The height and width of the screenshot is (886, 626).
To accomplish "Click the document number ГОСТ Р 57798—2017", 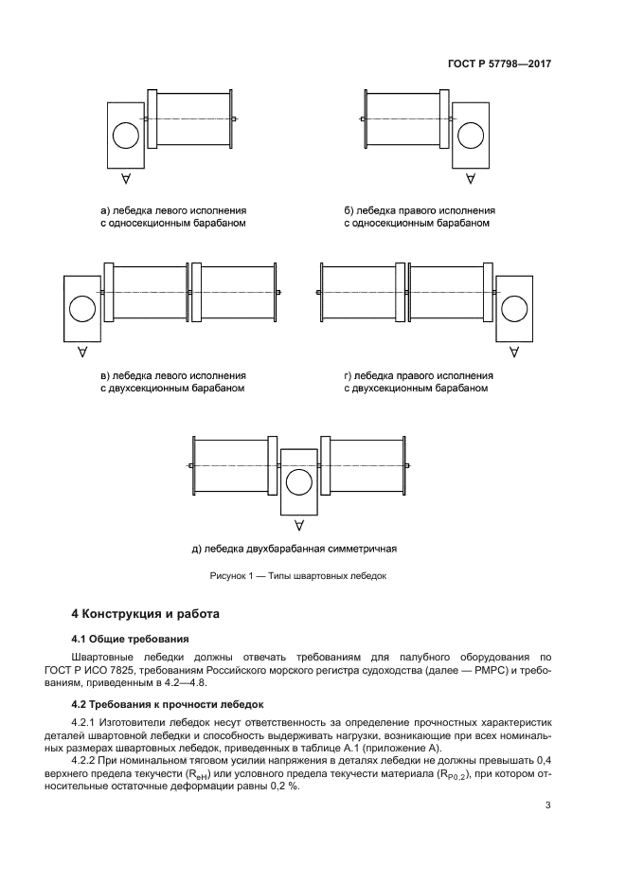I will (x=499, y=64).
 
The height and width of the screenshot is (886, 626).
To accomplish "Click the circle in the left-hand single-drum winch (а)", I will (x=124, y=136).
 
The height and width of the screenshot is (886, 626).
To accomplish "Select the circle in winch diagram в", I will (x=81, y=309).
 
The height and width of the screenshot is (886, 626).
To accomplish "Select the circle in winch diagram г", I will (x=514, y=309).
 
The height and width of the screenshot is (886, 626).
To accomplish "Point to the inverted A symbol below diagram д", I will (x=298, y=525).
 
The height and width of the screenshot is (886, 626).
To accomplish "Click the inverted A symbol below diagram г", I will (x=514, y=352).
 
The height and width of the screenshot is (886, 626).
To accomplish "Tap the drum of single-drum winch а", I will (x=193, y=118).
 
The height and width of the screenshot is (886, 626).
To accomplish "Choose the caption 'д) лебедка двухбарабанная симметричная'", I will (x=293, y=548).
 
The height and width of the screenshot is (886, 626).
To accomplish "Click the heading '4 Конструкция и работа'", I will (x=146, y=614).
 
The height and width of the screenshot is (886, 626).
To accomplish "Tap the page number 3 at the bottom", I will (x=547, y=806).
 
